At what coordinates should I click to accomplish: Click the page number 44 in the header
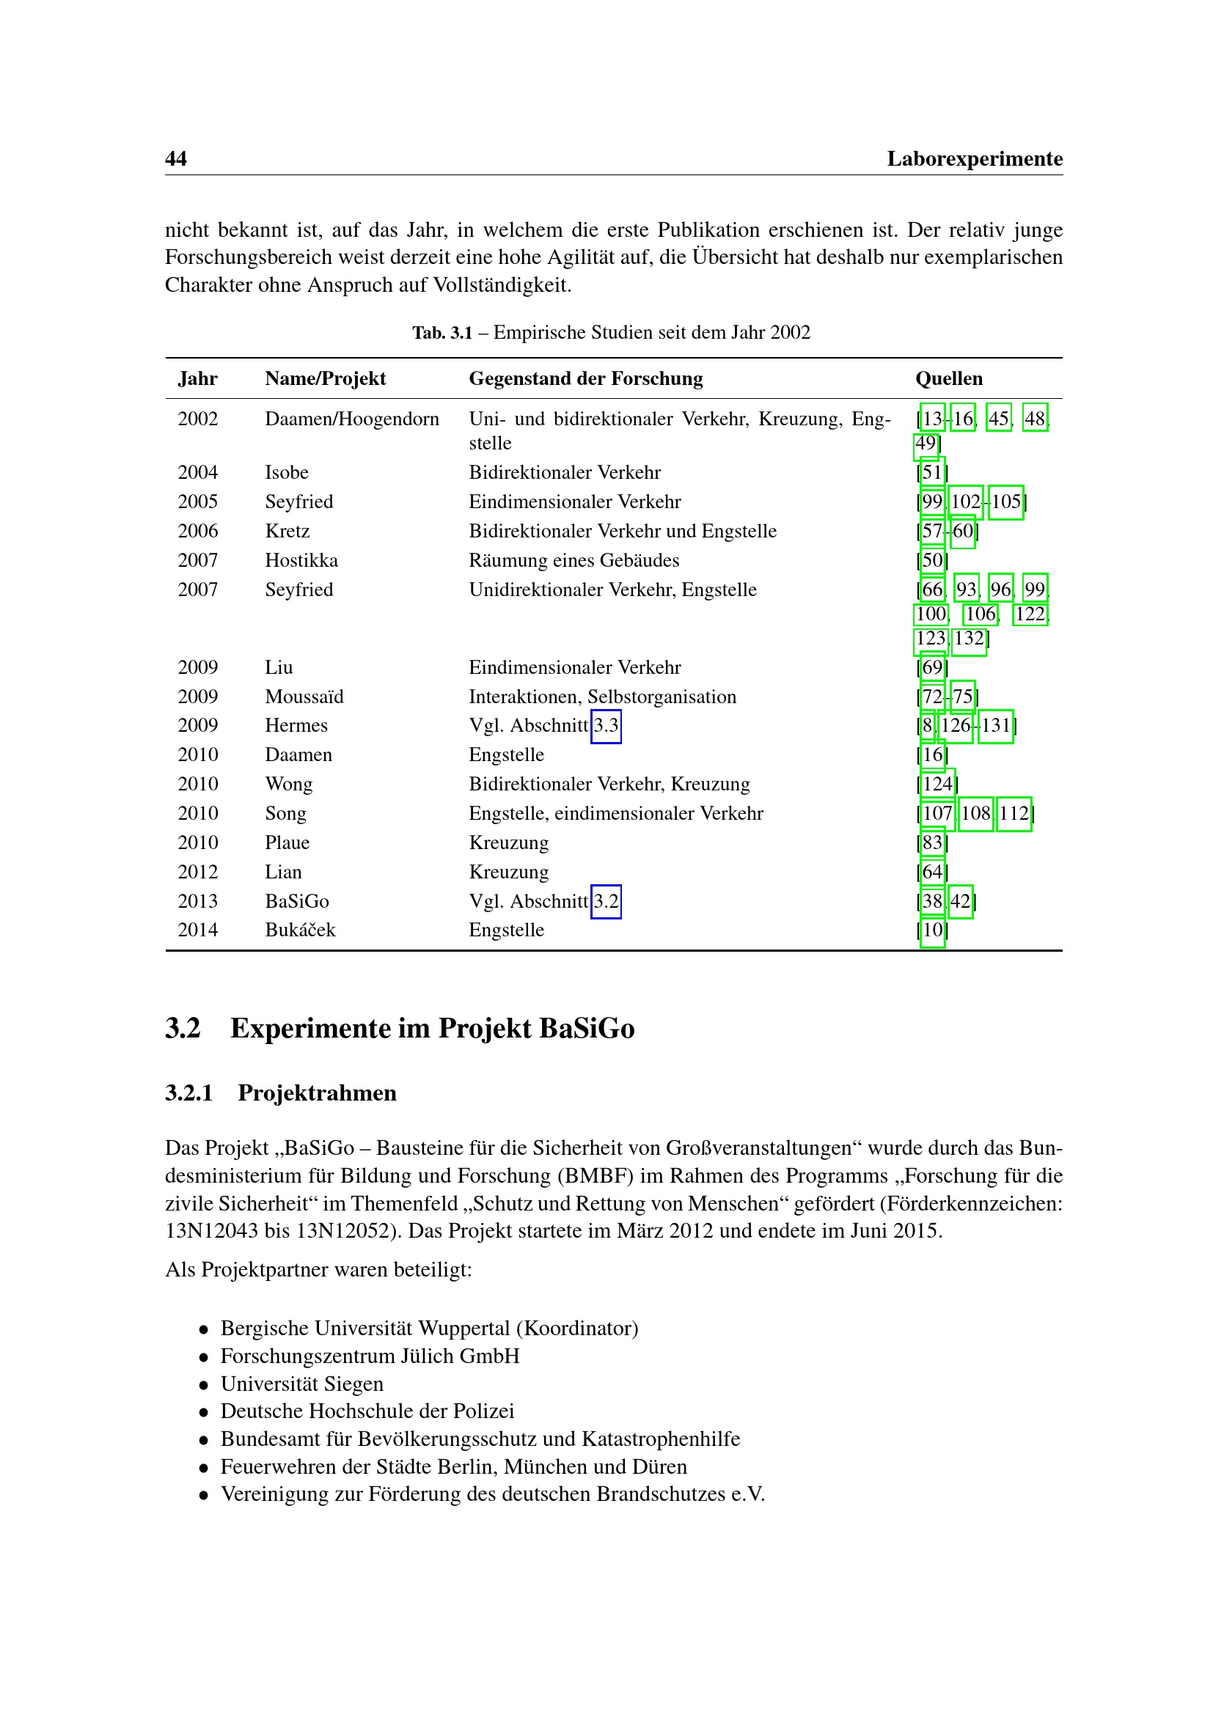point(175,158)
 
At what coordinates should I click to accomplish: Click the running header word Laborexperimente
point(974,158)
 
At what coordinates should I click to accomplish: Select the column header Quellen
point(948,378)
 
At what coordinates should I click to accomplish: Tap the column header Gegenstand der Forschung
point(585,378)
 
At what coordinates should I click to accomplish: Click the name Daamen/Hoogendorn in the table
point(352,419)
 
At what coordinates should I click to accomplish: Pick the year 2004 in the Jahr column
point(198,472)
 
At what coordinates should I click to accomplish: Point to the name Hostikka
point(301,560)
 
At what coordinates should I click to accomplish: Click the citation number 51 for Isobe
point(932,472)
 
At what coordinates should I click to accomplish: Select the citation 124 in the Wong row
point(937,784)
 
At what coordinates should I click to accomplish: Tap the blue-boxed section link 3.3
point(606,725)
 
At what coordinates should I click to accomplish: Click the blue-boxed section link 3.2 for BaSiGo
point(606,901)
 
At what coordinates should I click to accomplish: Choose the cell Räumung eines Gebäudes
point(573,560)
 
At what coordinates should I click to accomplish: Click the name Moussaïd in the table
point(304,697)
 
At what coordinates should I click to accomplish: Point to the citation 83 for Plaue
point(932,842)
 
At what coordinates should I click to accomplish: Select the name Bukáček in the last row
point(300,930)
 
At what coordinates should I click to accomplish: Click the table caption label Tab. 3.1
point(442,332)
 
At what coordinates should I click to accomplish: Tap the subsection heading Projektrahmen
point(317,1092)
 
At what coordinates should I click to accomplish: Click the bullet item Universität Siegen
point(301,1384)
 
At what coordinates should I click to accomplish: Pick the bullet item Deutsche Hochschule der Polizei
point(367,1411)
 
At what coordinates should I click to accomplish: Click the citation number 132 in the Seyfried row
point(969,639)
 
